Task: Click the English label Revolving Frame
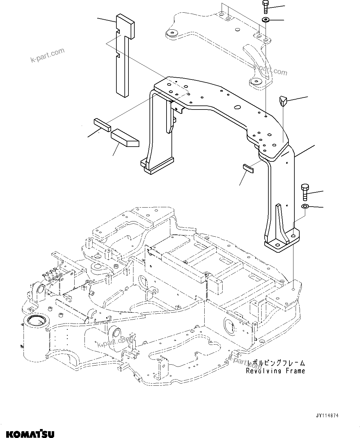pos(275,371)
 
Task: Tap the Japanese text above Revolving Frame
pos(275,363)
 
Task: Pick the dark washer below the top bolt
pos(266,20)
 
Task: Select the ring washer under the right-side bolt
pos(305,206)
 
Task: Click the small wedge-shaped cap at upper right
pos(283,101)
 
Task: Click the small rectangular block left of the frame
pos(102,125)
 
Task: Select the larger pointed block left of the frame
pos(125,138)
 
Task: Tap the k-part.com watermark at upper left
pos(47,55)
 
